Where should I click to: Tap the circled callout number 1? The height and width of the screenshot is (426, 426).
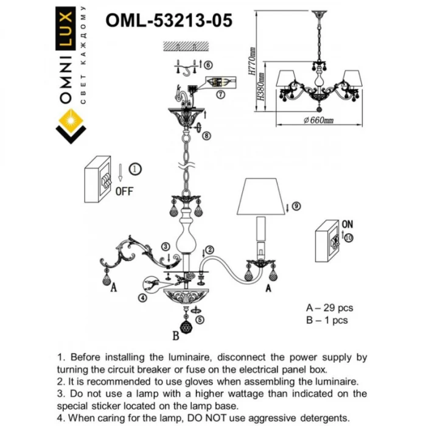134,169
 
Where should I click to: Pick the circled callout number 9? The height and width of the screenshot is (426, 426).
296,206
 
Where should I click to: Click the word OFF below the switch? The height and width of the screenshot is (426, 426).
124,190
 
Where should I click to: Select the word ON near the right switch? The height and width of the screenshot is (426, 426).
347,224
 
